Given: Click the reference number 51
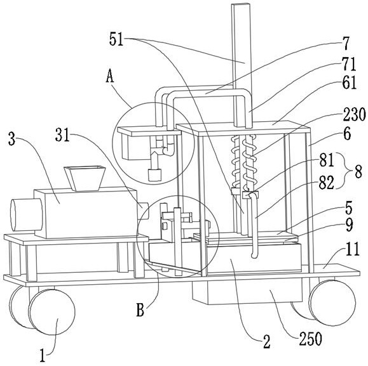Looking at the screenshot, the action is [x=116, y=39].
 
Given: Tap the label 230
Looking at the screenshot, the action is [x=355, y=115].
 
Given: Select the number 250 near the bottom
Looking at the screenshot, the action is [x=310, y=339].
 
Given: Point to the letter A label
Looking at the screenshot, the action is [x=110, y=77].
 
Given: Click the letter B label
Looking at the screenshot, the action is [x=140, y=311].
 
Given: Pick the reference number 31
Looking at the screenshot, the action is [x=63, y=135].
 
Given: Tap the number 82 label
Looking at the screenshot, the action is [x=326, y=183].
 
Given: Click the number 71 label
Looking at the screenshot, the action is [x=350, y=64].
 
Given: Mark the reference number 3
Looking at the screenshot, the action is [x=12, y=138].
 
